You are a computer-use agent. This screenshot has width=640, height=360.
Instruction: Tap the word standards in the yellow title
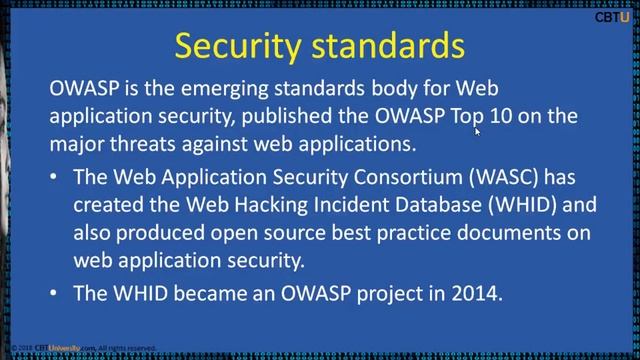(x=389, y=46)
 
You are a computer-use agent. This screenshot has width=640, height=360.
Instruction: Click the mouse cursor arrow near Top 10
(x=478, y=130)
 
